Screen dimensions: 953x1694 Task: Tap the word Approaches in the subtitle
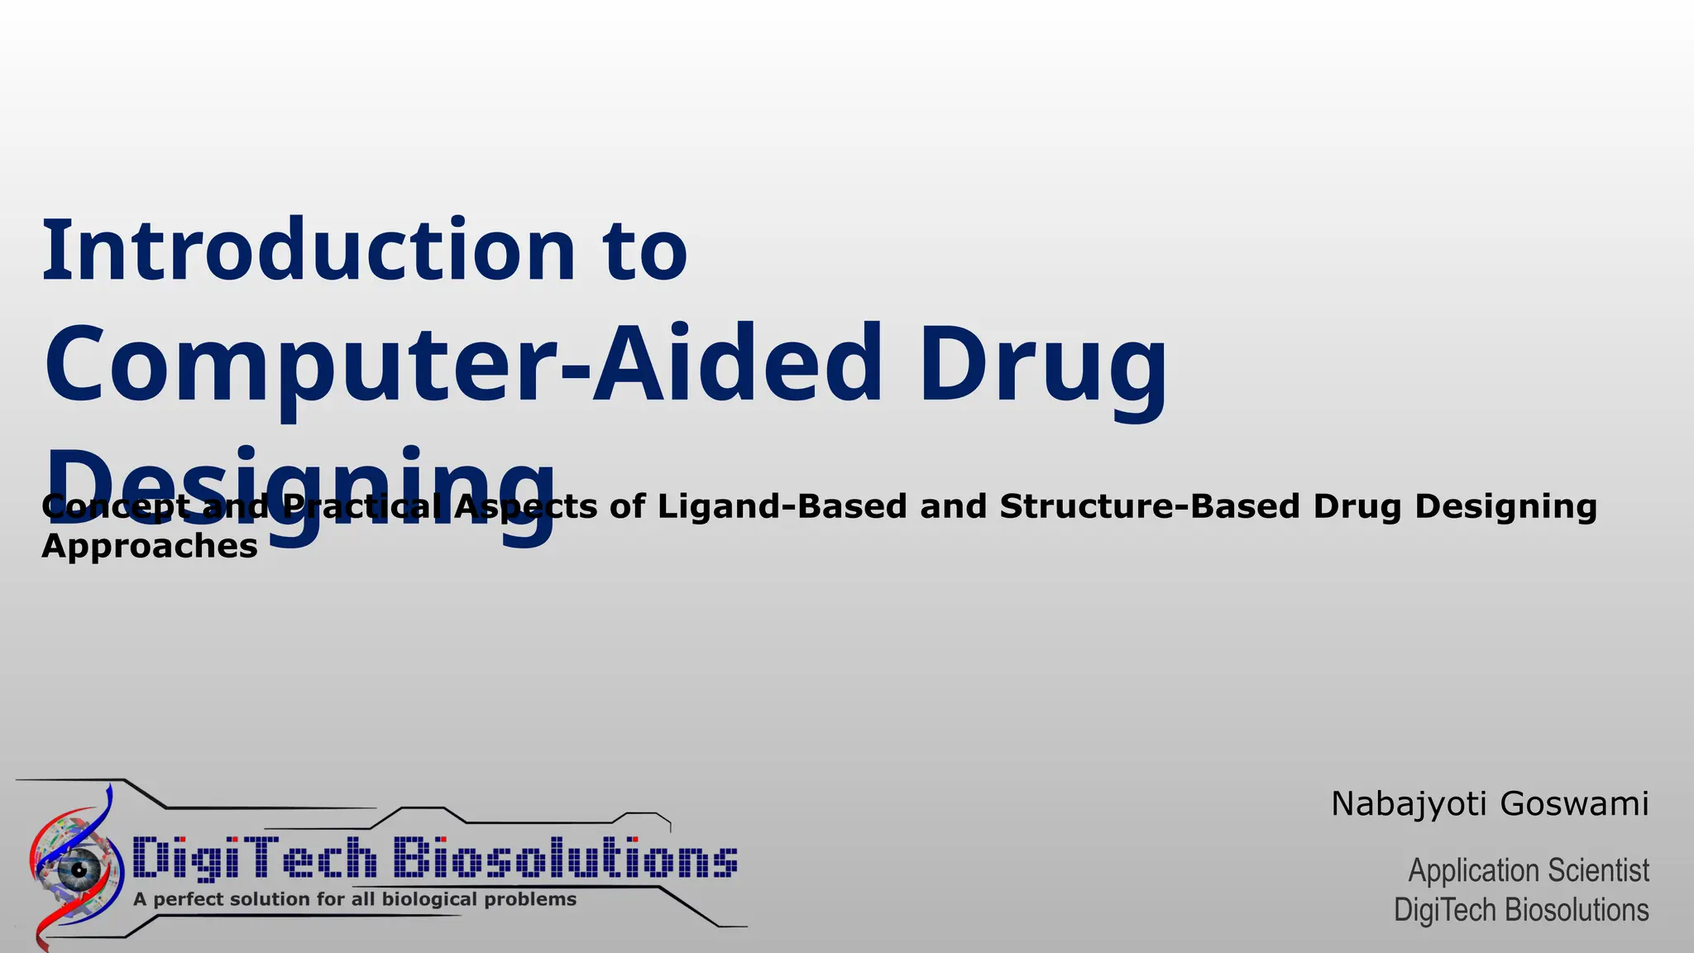[x=150, y=546]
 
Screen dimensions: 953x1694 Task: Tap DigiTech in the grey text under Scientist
[x=1444, y=910]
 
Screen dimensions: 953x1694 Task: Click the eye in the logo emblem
[x=79, y=869]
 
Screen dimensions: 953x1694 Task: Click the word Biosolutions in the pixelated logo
[x=565, y=858]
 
